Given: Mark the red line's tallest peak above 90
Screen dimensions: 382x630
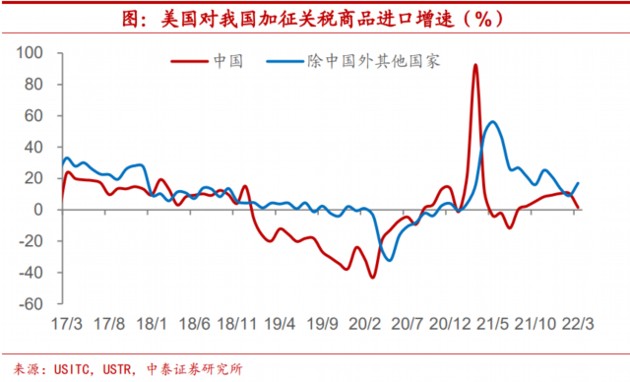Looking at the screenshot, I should pos(475,66).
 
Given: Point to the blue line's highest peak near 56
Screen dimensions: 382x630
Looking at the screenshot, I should pos(492,122).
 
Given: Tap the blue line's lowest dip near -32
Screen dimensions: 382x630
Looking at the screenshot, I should pos(391,260).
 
